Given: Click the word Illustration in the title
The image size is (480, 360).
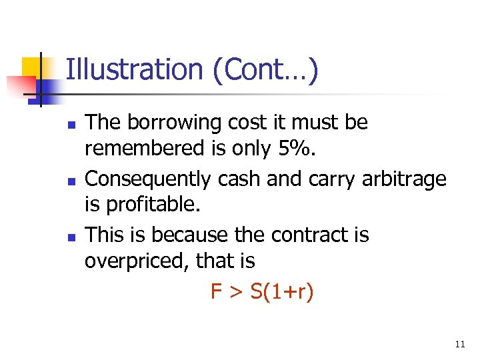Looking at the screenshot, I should (x=134, y=69).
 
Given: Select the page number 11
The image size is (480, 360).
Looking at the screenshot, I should (x=459, y=345).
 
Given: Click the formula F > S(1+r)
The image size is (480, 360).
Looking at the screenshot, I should (x=262, y=291).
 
